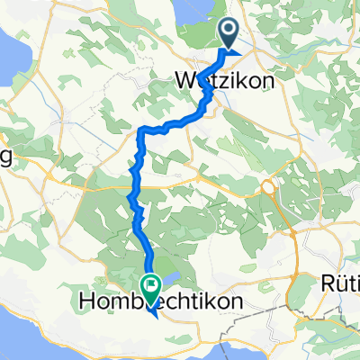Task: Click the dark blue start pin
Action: [x=229, y=35]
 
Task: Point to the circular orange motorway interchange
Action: [x=268, y=187]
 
